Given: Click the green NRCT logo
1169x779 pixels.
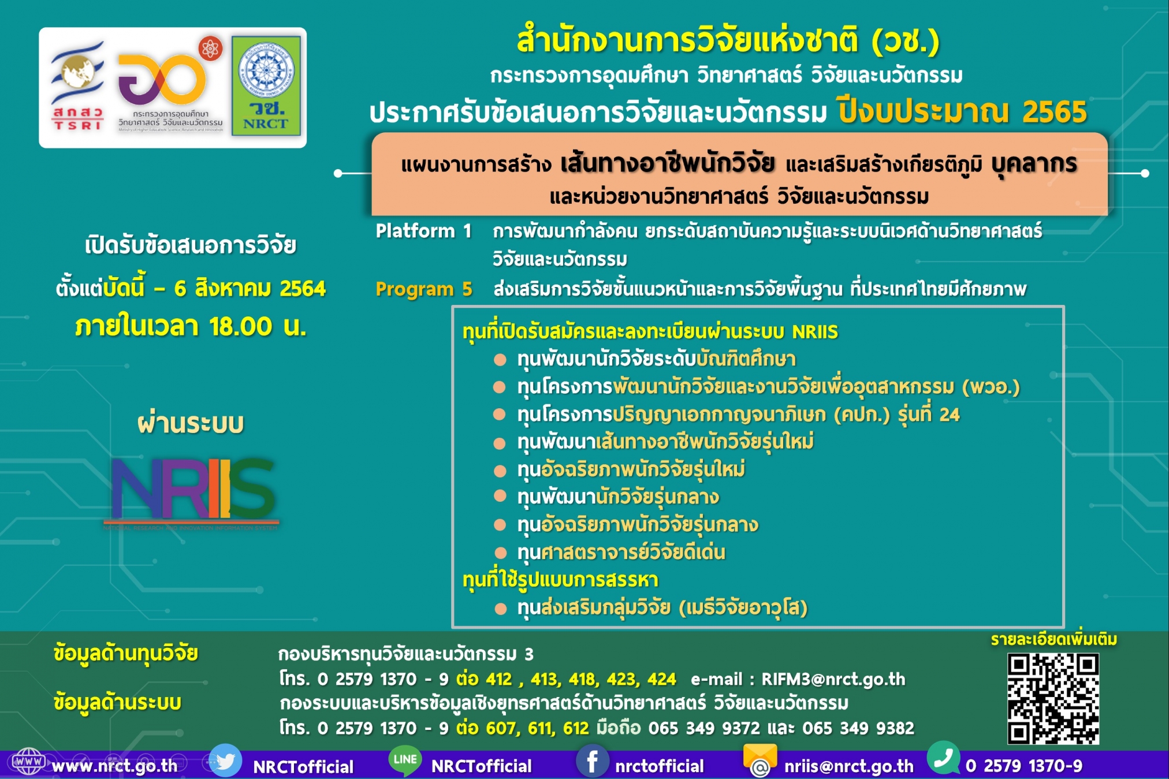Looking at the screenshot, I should (266, 86).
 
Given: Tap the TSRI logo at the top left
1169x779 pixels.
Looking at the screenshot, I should (77, 87).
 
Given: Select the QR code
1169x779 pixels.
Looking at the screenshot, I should (1053, 699).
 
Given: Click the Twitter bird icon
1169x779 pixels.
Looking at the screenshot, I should (225, 761).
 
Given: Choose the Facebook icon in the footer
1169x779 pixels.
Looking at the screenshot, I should (592, 761).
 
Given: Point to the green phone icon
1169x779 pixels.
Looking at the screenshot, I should (943, 758).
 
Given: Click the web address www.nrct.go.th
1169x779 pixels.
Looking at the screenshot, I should (114, 766).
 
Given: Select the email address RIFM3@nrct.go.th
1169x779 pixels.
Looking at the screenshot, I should (833, 679).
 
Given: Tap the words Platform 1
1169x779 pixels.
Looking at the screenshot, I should (423, 231).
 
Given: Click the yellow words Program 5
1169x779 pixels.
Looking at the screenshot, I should (423, 289).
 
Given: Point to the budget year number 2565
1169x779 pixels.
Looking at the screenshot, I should (1054, 112).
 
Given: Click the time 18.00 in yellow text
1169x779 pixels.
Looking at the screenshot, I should (240, 327).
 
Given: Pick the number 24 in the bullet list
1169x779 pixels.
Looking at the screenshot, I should (949, 414).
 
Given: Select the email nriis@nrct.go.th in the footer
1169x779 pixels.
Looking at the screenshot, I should (848, 766).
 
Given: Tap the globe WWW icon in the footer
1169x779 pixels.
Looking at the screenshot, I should (28, 761).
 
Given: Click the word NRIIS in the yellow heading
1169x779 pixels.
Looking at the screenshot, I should (814, 332).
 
